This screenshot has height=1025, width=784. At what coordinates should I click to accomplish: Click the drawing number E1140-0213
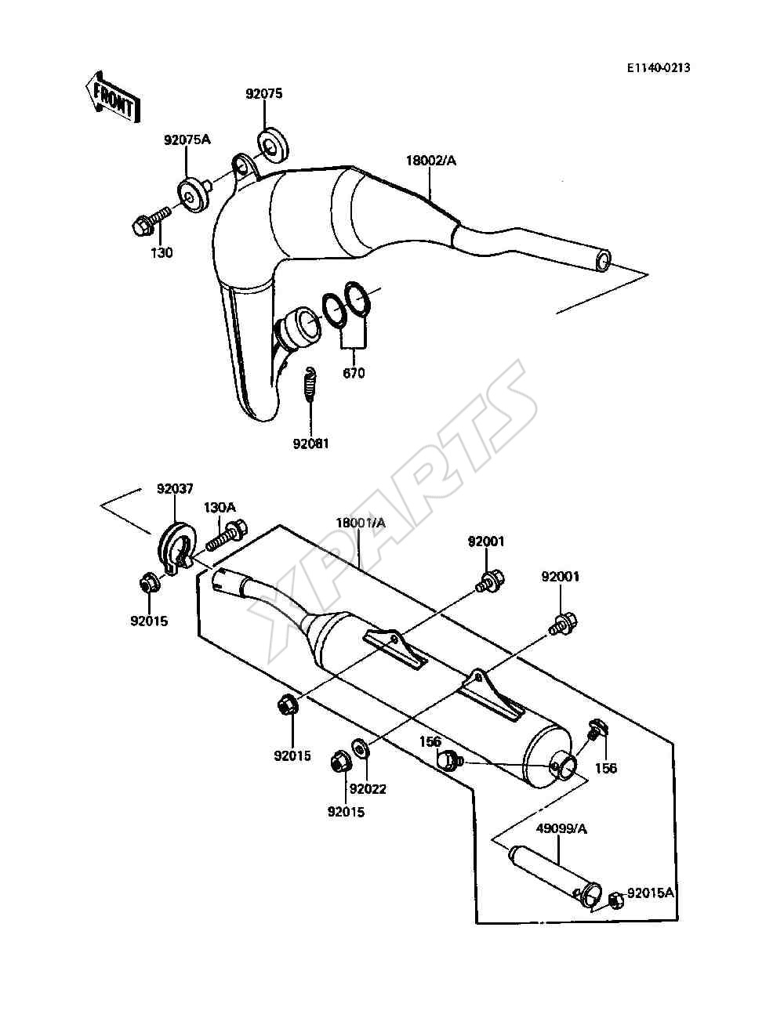point(658,68)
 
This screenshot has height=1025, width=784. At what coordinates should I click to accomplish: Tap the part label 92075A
point(187,139)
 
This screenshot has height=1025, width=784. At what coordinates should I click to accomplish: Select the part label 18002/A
point(430,160)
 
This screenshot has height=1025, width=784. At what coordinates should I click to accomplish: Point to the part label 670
point(354,373)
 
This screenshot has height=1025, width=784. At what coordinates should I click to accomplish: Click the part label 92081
point(311,444)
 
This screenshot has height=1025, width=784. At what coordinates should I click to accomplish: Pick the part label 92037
point(175,489)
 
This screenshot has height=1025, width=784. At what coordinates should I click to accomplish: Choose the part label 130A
point(220,507)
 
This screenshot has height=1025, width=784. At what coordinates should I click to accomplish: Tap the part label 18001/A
point(361,523)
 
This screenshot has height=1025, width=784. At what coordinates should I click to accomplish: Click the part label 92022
point(368,788)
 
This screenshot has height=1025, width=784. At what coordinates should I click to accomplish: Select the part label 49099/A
point(561,828)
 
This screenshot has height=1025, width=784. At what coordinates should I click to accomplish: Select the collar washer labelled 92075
point(274,147)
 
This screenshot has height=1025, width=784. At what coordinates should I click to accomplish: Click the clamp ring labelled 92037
point(174,549)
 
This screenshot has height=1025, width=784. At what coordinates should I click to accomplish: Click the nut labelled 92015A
point(617,900)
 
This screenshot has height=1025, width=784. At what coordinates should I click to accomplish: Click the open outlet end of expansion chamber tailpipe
point(604,259)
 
